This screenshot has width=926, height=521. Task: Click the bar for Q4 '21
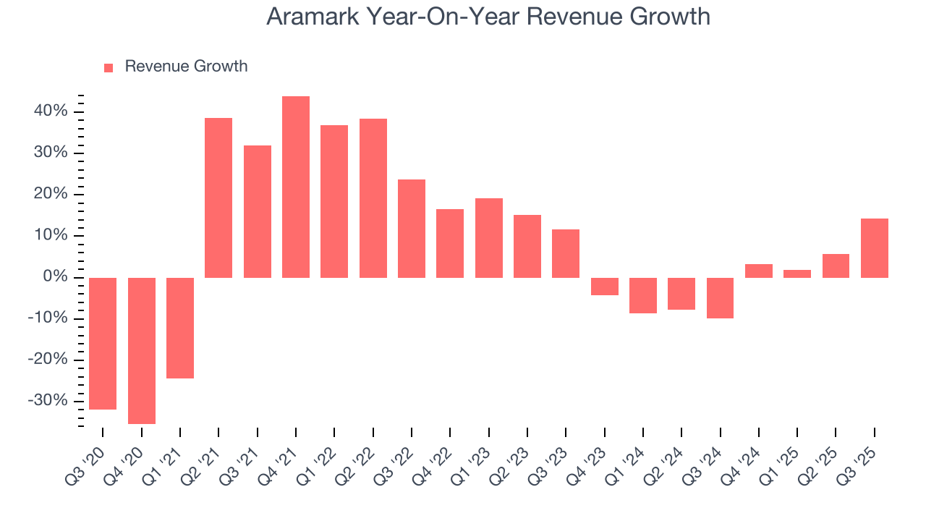coord(296,187)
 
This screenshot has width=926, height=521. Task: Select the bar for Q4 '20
coord(142,350)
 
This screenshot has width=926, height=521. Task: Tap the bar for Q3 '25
coord(874,248)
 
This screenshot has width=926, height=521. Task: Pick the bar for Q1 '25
coord(797,274)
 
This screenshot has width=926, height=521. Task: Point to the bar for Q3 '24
coord(720,297)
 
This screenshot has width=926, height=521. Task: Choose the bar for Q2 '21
coord(218,198)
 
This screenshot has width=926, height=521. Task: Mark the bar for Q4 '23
coord(604,287)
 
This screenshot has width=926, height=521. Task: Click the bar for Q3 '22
coord(412,229)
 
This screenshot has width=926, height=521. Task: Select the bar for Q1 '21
coord(180,328)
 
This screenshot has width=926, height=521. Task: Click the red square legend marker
coord(109,67)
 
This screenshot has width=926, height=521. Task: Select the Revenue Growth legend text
coord(186,67)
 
